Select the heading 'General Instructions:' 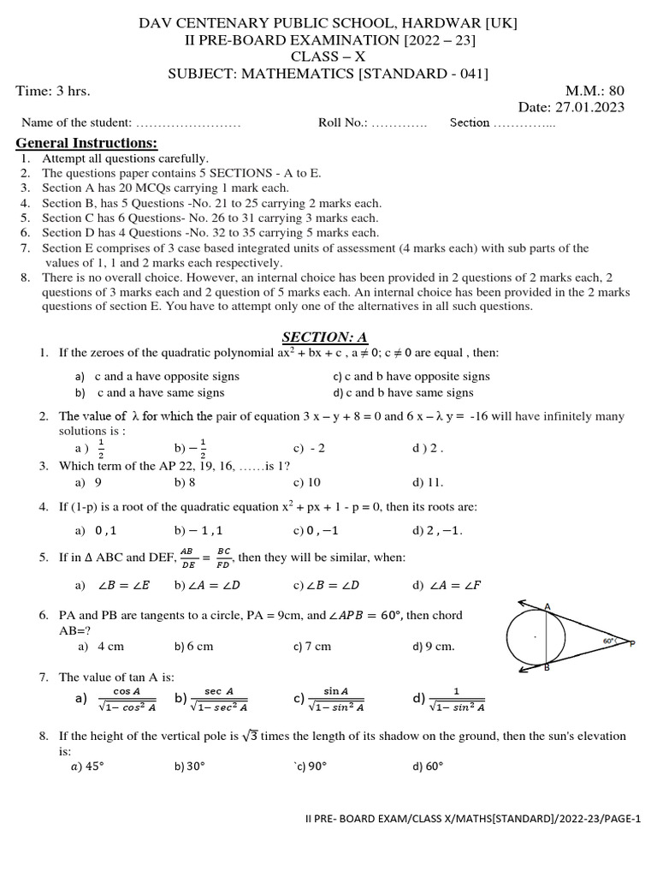(87, 143)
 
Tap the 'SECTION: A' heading (324, 337)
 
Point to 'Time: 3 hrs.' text (53, 91)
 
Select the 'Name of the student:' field (77, 123)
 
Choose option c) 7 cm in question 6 (311, 647)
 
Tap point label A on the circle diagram (547, 606)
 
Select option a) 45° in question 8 (86, 767)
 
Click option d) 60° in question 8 (428, 767)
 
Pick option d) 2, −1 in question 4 (437, 531)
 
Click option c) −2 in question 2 (309, 448)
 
